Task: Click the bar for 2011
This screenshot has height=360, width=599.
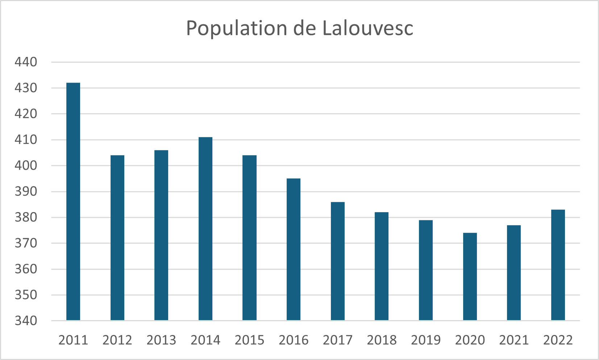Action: coord(73,202)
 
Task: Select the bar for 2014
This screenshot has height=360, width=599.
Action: coord(205,229)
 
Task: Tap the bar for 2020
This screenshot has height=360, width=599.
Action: coord(470,277)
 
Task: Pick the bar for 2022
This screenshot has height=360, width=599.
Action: coord(558,265)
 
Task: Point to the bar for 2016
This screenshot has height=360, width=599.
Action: coord(294,249)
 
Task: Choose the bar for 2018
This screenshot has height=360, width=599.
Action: coord(382,266)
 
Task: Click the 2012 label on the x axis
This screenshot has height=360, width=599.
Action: coord(117,340)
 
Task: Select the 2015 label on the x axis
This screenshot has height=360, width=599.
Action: coord(250,340)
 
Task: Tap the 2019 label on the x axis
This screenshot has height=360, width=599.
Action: coord(426,340)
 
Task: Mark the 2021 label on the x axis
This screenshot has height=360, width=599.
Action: coord(514,340)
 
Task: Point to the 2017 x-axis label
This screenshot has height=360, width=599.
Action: coord(338,340)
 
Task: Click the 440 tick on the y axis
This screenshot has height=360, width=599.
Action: coord(26,62)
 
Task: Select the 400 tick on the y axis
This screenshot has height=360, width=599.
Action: coord(26,166)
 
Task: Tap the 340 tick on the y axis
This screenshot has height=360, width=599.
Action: coord(26,321)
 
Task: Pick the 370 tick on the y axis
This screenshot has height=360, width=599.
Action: coord(26,243)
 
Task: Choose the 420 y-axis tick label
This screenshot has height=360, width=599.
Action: coord(26,114)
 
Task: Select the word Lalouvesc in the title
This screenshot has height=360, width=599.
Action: coord(368,28)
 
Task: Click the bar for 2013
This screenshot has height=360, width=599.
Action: coord(161,235)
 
